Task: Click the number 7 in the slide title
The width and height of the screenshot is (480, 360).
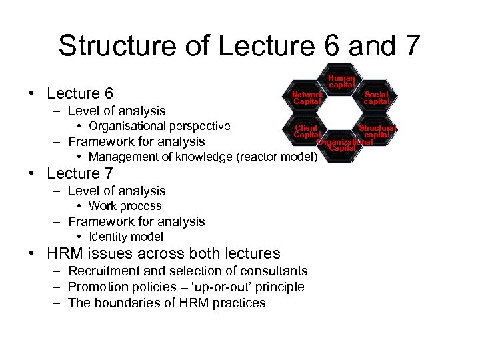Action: (411, 45)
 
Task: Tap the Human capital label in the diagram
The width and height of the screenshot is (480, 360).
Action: (341, 81)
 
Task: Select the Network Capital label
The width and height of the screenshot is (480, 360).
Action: (307, 98)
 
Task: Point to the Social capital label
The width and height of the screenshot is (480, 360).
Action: (376, 98)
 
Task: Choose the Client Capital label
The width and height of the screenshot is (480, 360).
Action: (306, 131)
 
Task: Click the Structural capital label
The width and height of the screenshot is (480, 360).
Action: (377, 131)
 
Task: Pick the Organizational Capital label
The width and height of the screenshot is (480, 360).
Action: (343, 145)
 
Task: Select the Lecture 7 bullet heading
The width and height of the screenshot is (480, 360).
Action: (80, 173)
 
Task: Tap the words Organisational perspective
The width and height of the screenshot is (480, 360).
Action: (159, 126)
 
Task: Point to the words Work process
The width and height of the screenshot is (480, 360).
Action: (125, 206)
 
